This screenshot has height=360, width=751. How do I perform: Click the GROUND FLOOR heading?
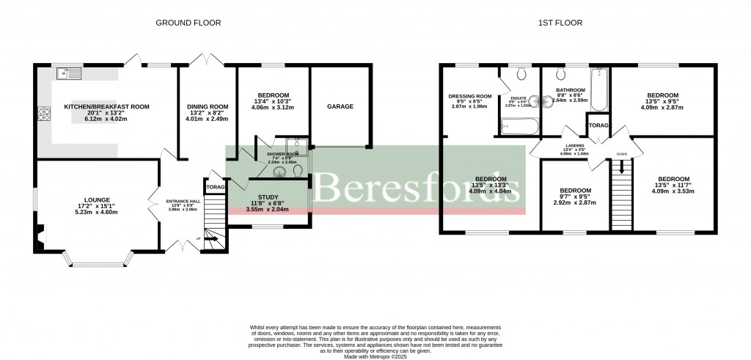(x=188, y=23)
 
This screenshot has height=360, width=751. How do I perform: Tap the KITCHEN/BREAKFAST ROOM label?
(x=106, y=107)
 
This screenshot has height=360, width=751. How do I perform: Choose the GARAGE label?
(x=340, y=106)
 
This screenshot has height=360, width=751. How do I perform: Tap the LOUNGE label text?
(x=97, y=199)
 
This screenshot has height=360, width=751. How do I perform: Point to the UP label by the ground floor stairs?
(x=197, y=238)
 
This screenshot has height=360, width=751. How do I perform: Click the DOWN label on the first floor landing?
(x=621, y=154)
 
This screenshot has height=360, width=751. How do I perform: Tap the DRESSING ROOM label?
(x=470, y=96)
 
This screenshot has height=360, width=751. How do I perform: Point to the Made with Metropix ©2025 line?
(x=375, y=355)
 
